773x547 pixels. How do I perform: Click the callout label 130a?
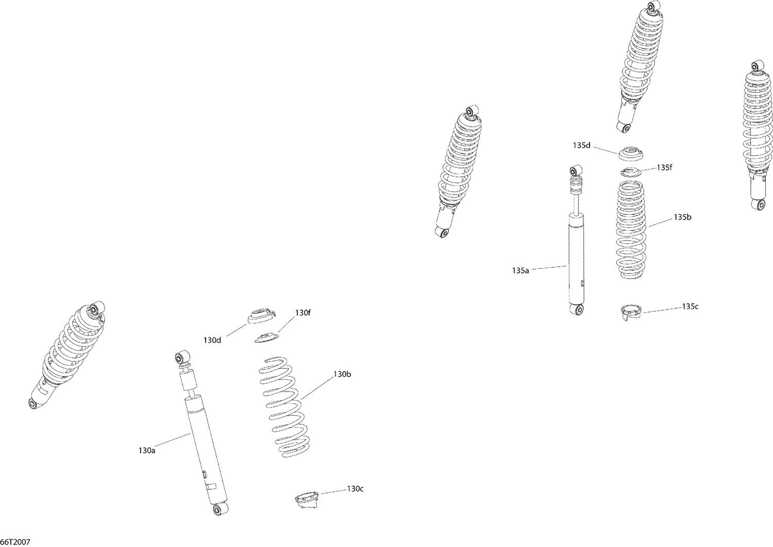147,451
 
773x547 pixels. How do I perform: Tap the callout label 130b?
342,374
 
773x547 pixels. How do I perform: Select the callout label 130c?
355,489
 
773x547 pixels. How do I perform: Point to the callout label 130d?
212,340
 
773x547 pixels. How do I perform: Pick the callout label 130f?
303,313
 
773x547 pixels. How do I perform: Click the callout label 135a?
520,271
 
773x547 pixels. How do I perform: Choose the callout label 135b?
682,217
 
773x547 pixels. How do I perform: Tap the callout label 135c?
690,306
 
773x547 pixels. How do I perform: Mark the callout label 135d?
581,146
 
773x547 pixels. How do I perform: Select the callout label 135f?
664,167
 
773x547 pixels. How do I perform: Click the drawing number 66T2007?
15,542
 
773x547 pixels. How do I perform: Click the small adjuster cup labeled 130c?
307,501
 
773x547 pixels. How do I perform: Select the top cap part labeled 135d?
630,154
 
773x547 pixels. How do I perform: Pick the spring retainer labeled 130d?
261,315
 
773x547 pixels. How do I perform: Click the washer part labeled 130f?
267,337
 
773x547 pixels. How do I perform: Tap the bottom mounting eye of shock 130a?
219,509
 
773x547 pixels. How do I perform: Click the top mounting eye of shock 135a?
575,170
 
